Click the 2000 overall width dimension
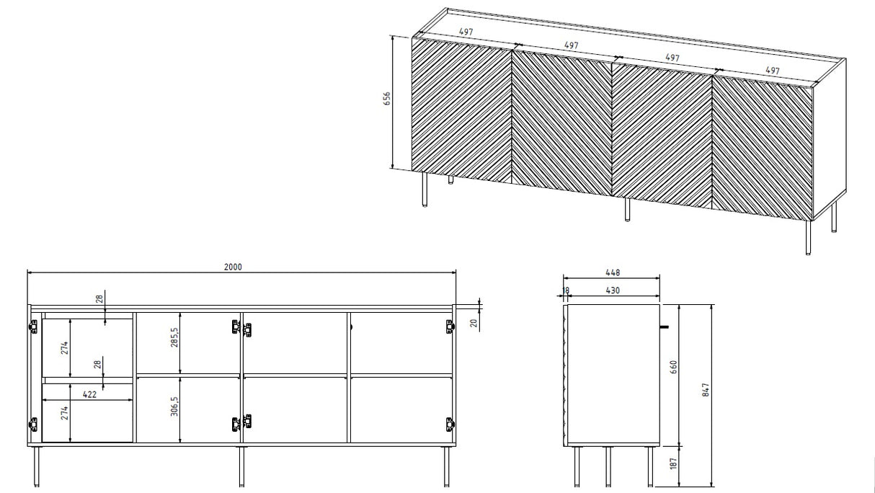(232, 266)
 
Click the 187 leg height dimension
(673, 465)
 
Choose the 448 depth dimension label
(612, 272)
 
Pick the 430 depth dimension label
(612, 290)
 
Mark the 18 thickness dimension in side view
(565, 290)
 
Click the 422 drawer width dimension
(89, 394)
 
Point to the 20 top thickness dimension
(474, 322)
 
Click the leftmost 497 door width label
(466, 32)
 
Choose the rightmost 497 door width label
(771, 71)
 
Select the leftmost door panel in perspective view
(461, 108)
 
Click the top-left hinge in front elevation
(32, 327)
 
